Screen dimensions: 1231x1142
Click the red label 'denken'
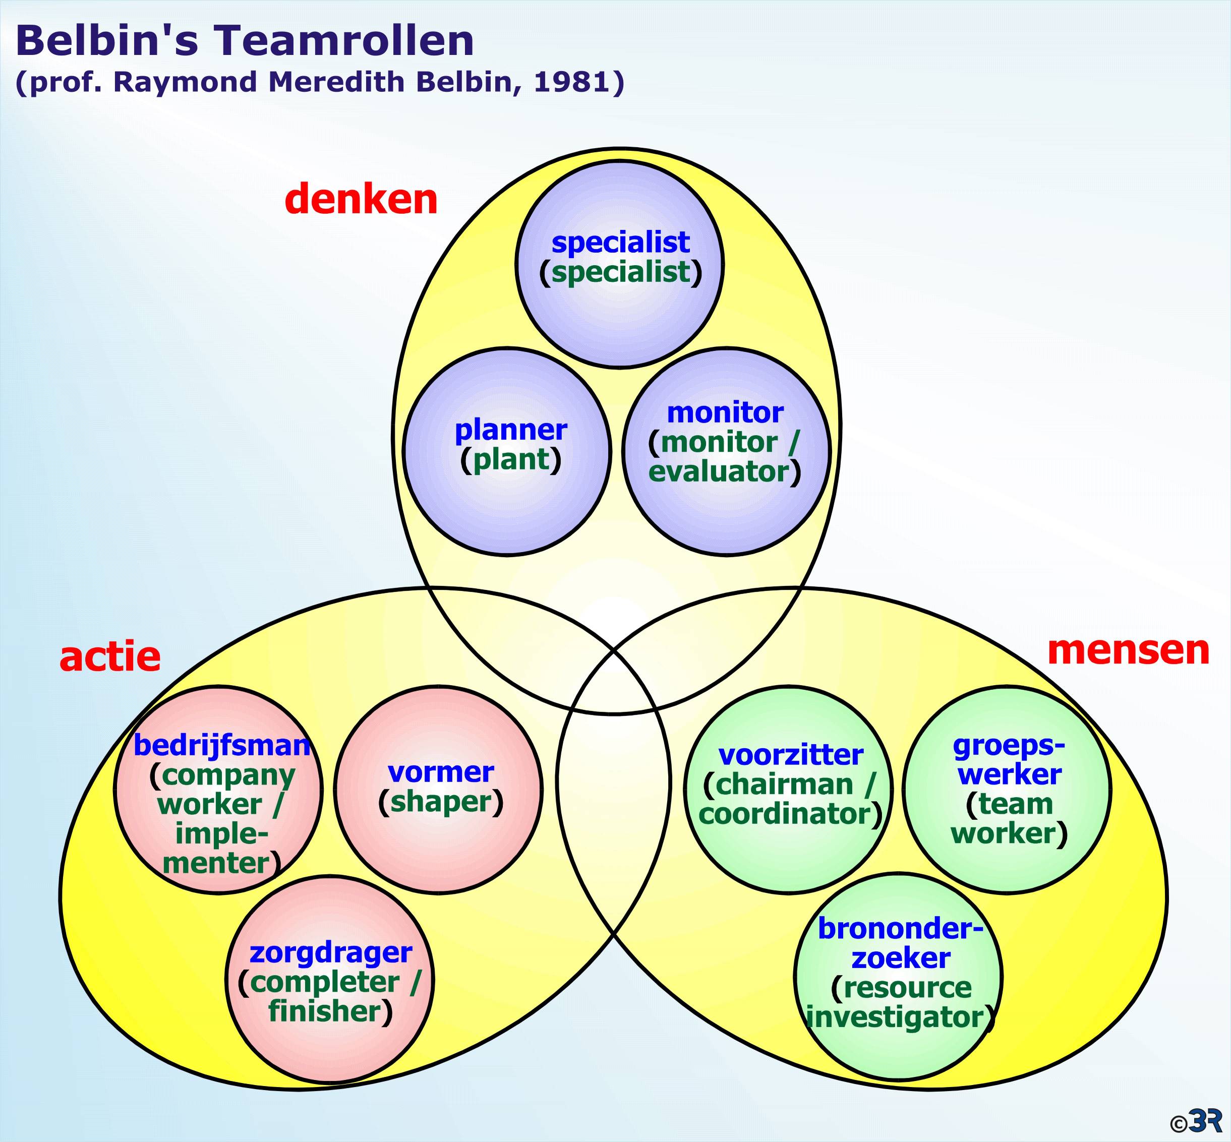[x=362, y=200]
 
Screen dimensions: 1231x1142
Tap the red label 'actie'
[x=110, y=657]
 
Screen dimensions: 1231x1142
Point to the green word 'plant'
[x=510, y=459]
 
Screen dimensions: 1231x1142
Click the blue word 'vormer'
[x=441, y=772]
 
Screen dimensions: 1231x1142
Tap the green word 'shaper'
[x=441, y=802]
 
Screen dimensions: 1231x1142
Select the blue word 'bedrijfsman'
[x=221, y=746]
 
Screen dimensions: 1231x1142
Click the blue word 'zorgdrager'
[x=331, y=952]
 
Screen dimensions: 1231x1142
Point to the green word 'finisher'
[x=324, y=1011]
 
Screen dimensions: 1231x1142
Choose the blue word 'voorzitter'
[x=791, y=755]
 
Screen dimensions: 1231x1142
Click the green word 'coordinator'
[x=785, y=814]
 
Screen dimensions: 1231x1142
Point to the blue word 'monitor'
[x=726, y=413]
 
